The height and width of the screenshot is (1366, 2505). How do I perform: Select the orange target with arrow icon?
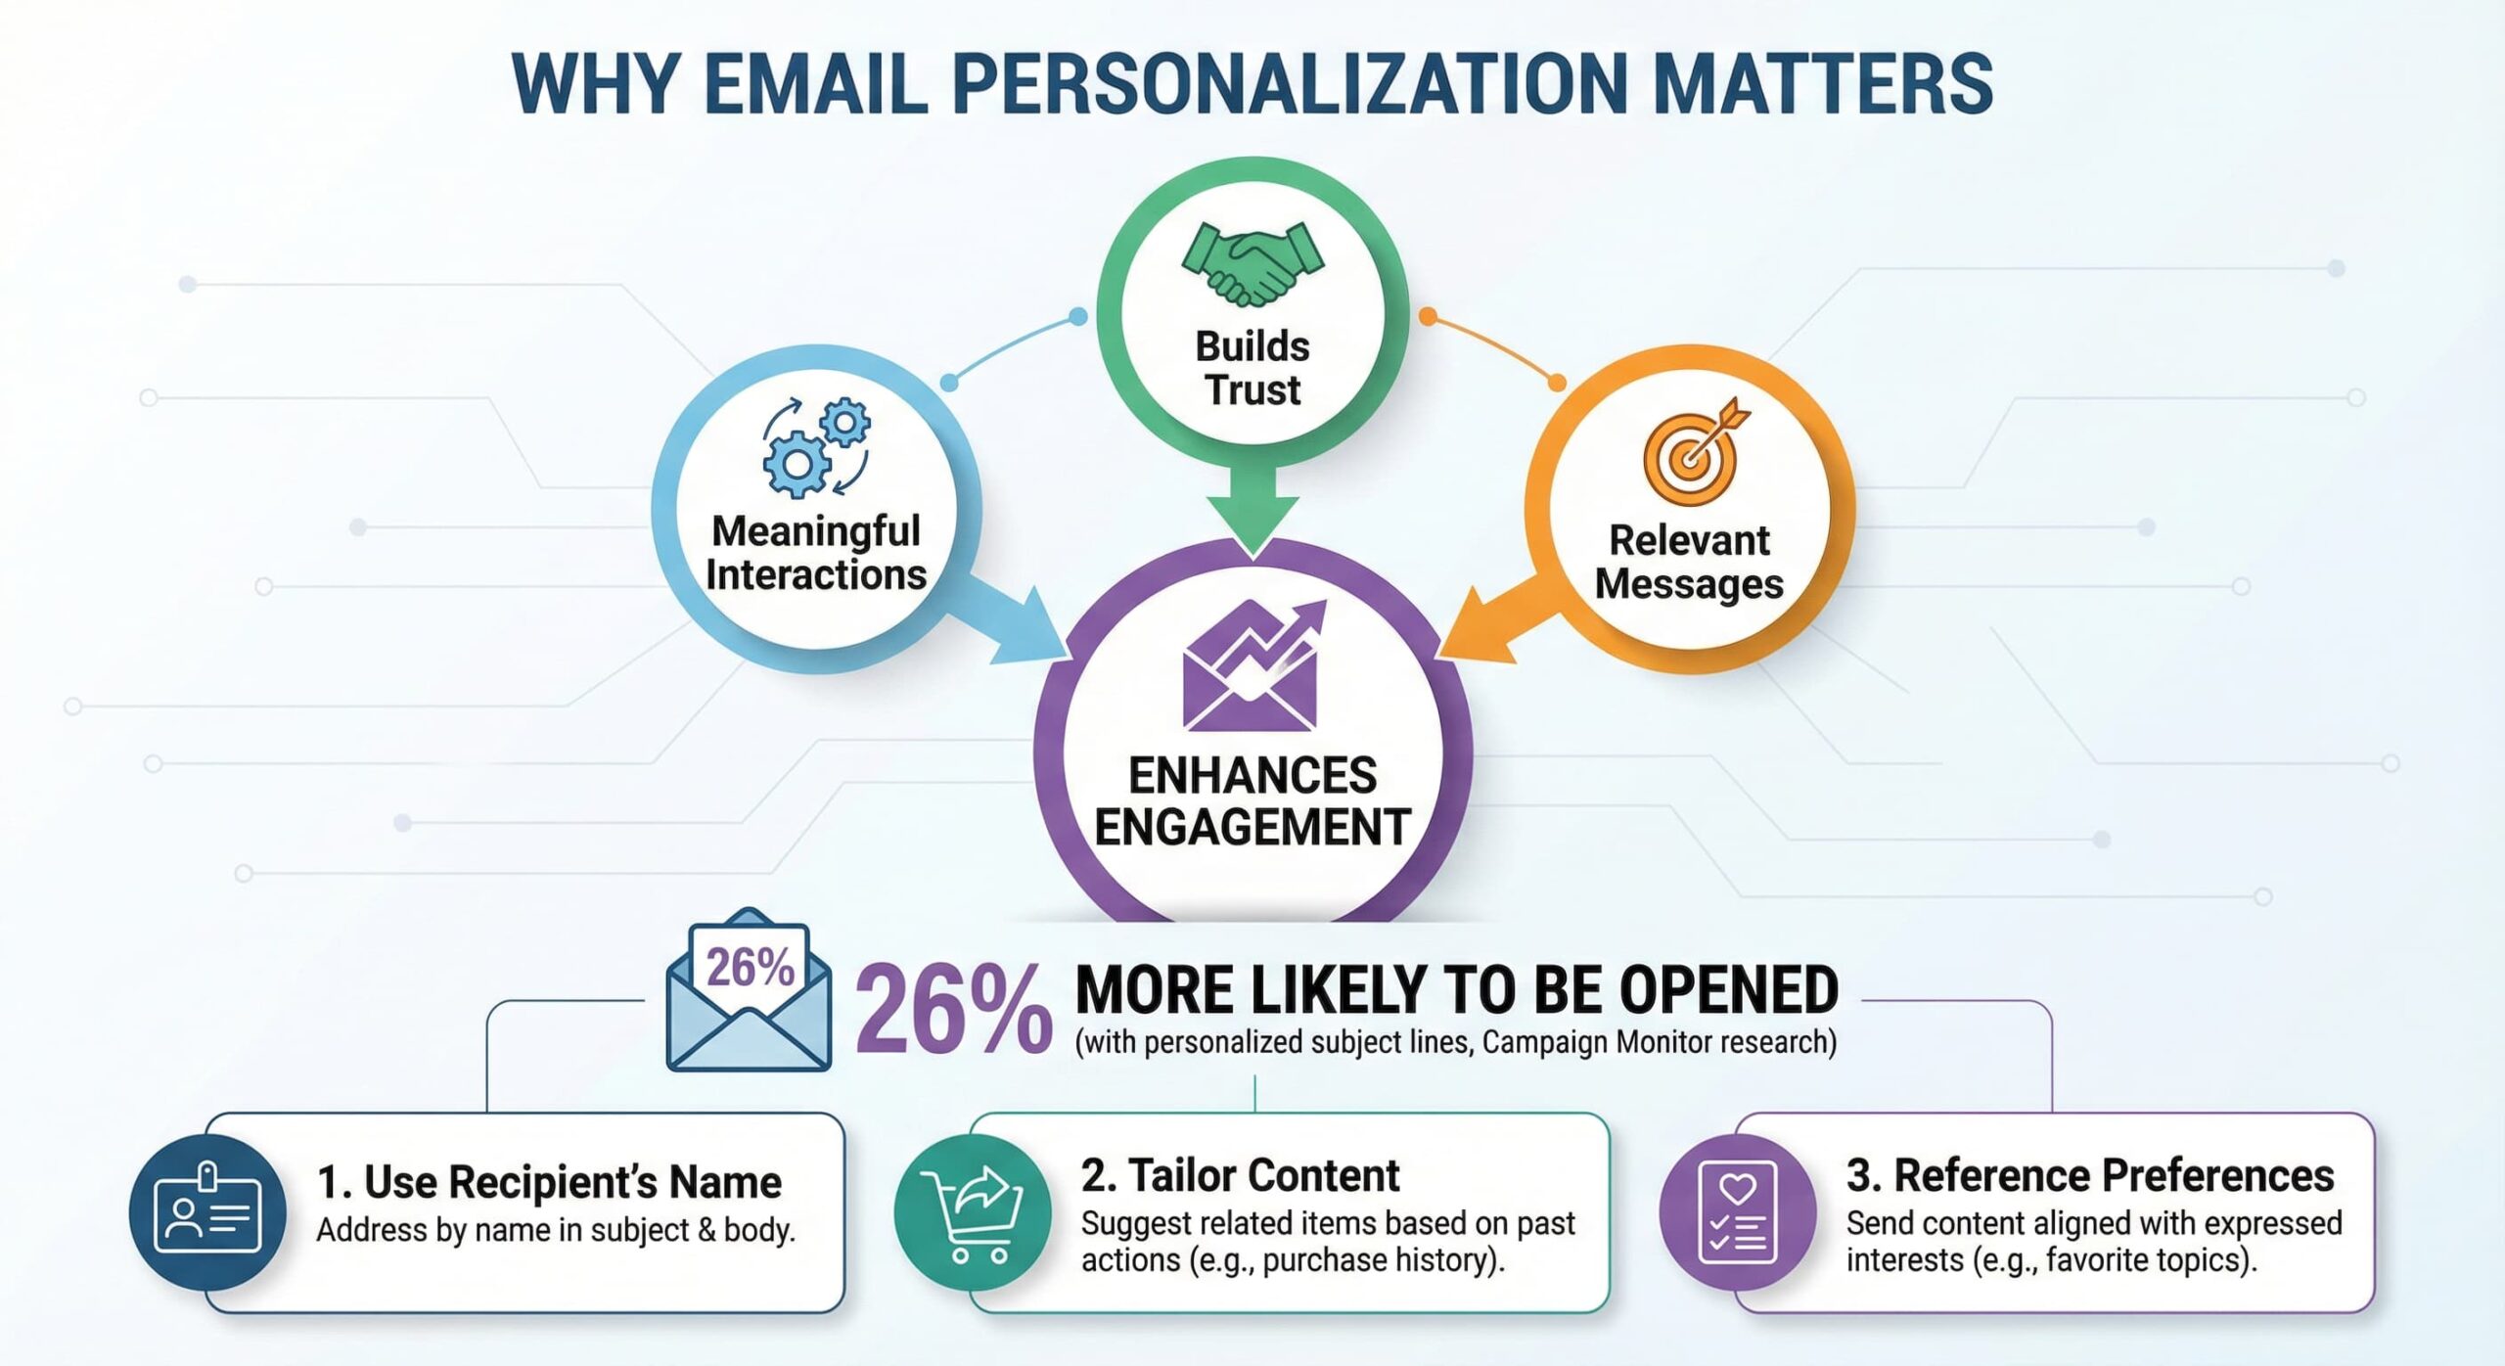[1696, 451]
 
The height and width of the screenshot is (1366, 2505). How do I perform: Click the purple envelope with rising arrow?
[1252, 665]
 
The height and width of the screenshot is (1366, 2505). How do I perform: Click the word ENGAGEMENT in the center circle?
[1252, 827]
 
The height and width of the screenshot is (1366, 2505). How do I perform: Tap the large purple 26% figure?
[953, 1009]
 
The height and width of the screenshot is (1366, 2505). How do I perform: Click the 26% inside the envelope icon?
[751, 968]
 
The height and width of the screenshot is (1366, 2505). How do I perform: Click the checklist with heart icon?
[1738, 1211]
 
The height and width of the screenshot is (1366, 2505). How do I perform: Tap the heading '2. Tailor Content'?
[1240, 1175]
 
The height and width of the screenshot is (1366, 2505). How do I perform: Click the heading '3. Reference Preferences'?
[2090, 1175]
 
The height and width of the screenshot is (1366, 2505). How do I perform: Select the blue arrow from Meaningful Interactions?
[1008, 616]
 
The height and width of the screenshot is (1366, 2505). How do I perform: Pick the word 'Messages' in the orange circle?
[1689, 584]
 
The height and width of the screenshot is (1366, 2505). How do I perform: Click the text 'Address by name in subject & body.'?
[556, 1230]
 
